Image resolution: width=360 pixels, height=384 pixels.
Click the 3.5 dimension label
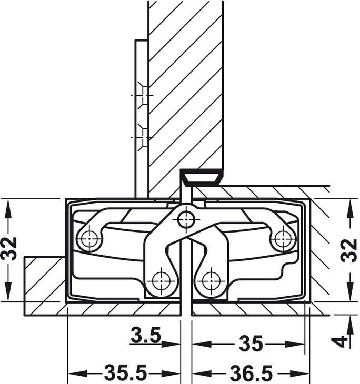tap(146, 335)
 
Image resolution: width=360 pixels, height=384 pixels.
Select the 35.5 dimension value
tap(125, 373)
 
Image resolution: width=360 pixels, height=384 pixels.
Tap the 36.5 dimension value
tap(251, 373)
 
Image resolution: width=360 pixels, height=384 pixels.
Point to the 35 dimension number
tap(251, 343)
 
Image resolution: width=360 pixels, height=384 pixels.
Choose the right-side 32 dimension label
tap(349, 250)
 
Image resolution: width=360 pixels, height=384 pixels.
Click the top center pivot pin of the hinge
tap(186, 219)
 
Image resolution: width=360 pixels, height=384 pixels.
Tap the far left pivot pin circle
tap(89, 238)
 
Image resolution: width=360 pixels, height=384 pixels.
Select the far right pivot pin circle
tap(283, 238)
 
